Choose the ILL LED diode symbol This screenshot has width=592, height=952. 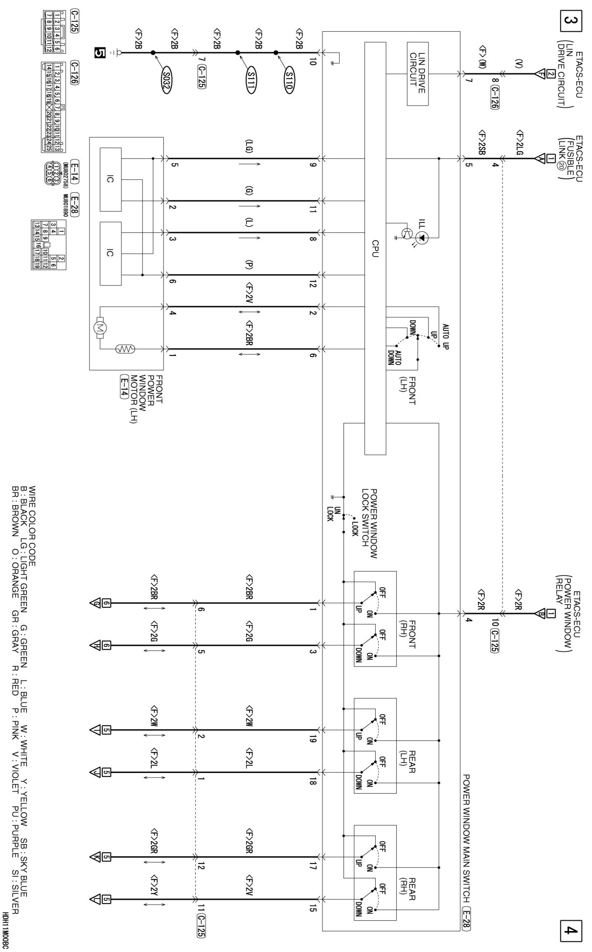pos(423,238)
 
